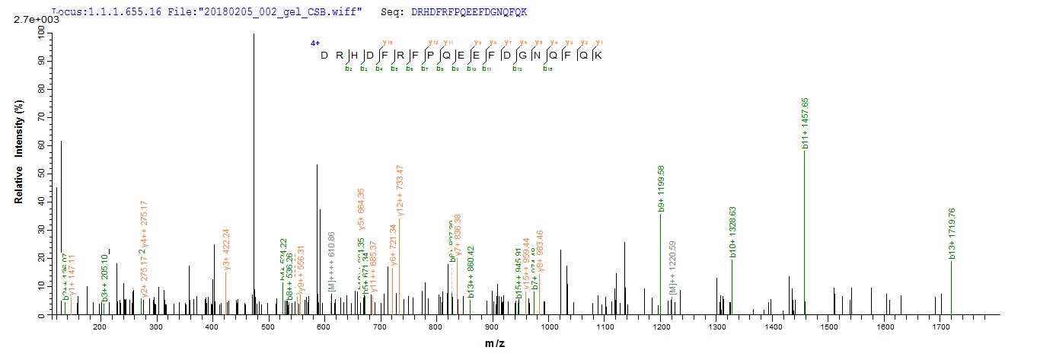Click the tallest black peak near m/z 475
click(x=254, y=175)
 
